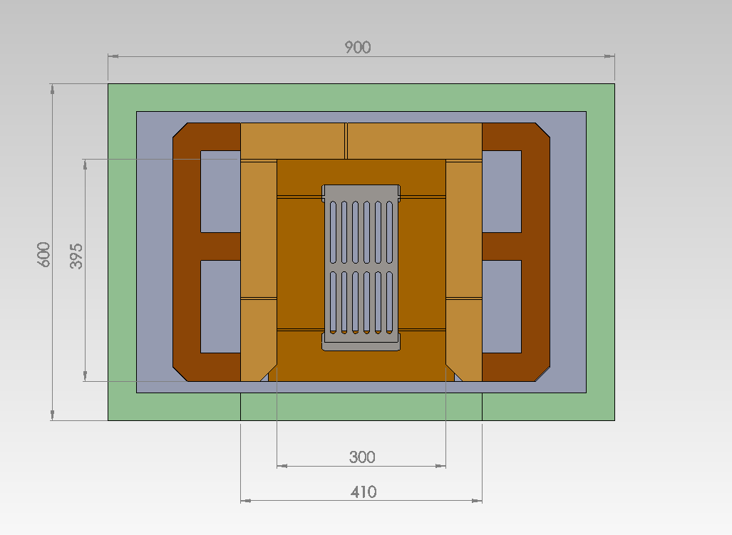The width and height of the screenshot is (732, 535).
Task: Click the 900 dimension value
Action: point(358,47)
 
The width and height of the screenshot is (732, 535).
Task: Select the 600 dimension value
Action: point(43,254)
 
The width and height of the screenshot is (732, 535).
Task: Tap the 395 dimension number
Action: point(76,256)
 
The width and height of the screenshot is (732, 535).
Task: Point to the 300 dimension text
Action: point(362,457)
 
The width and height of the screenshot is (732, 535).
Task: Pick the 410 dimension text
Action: point(364,492)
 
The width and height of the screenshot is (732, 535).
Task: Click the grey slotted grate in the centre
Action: point(361,268)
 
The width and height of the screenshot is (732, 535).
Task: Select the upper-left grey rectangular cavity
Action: point(220,191)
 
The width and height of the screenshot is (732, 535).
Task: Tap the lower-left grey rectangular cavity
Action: point(220,306)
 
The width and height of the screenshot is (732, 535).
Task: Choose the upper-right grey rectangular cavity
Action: point(502,191)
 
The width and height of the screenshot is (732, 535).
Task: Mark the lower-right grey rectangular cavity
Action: point(502,306)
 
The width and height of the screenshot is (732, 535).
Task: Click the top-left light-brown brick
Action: point(293,141)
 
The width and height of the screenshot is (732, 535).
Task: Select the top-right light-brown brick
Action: point(415,141)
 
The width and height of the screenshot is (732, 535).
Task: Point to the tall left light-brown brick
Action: point(259,229)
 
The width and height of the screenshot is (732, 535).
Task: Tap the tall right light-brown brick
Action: point(464,229)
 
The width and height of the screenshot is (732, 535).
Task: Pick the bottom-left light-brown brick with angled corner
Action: point(258,340)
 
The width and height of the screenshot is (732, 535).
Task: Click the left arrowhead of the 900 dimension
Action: point(113,56)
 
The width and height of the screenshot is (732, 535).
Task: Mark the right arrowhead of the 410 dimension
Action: point(477,501)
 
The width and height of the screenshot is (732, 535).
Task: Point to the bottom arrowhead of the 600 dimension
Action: point(52,415)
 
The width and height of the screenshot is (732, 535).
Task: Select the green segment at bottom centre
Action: point(361,407)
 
